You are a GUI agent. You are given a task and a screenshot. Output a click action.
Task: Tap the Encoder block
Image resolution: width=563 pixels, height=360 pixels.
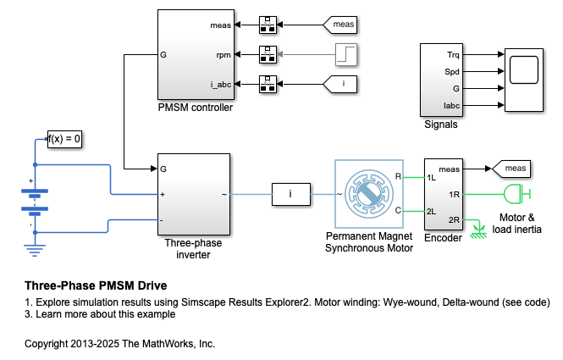442,194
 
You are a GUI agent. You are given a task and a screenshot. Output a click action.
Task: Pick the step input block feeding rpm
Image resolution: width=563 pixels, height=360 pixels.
346,55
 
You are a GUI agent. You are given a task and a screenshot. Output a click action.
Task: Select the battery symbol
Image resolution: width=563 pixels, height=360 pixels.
35,200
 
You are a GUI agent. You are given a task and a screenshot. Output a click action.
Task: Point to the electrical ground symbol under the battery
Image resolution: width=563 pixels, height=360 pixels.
35,247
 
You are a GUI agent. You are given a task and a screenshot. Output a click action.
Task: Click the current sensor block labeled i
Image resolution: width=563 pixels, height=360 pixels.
290,195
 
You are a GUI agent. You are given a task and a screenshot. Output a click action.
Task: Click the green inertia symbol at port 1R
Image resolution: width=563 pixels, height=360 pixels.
515,195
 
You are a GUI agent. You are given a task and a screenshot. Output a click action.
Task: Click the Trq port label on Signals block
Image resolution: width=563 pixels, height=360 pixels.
453,55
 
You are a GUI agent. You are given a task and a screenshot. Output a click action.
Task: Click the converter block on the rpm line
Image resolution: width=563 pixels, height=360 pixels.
268,55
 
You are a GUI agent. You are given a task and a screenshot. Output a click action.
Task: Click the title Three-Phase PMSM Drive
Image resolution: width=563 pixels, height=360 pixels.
96,285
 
